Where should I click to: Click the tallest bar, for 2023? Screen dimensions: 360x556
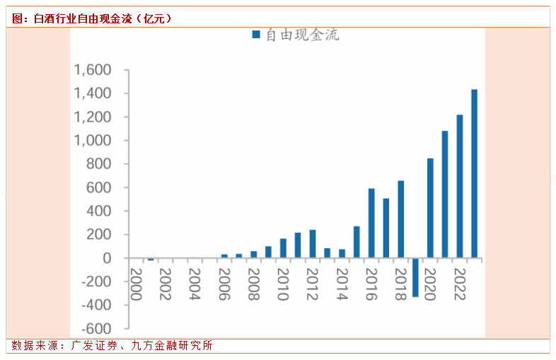(x=474, y=173)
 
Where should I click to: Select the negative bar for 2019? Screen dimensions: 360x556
(x=415, y=277)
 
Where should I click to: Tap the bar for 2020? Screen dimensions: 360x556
(x=430, y=208)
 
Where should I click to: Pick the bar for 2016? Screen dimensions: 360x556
(x=371, y=223)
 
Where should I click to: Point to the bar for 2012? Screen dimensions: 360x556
(x=313, y=244)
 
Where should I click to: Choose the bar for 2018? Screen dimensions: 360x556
(x=400, y=219)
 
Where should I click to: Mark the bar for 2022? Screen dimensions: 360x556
(x=459, y=186)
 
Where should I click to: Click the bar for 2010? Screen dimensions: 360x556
(x=283, y=248)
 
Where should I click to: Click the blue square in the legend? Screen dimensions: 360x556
(x=256, y=35)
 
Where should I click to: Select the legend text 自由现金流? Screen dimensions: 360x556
(x=302, y=35)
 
